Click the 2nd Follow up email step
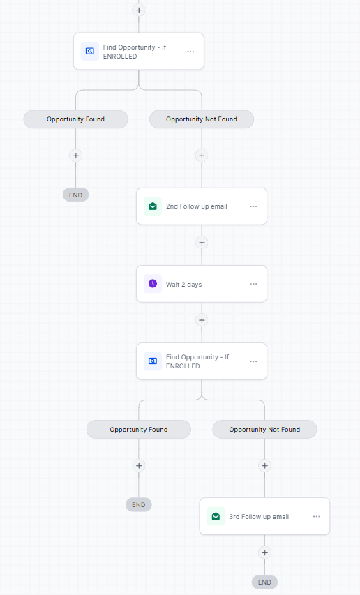coord(202,206)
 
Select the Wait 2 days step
coord(202,284)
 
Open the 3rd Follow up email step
coord(264,516)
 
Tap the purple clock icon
coord(153,284)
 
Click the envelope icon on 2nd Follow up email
coord(153,206)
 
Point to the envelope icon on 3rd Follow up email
coord(216,516)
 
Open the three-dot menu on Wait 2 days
coord(253,284)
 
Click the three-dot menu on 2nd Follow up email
coord(253,206)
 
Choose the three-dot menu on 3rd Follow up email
coord(316,516)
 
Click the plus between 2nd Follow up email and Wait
coord(202,243)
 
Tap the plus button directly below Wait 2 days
coord(202,320)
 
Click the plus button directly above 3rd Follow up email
coord(265,465)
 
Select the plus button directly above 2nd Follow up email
coord(202,156)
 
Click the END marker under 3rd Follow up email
coord(264,582)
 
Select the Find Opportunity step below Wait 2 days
coord(202,361)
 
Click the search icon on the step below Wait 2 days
coord(153,361)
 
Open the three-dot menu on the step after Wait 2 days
coord(253,361)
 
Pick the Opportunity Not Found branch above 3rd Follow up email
coord(264,430)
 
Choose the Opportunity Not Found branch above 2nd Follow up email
coord(202,119)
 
